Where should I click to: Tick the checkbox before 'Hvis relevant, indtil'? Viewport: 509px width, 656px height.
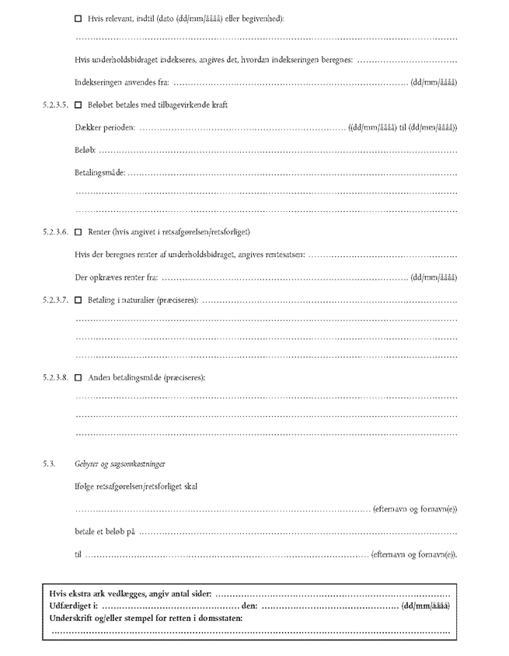tap(78, 18)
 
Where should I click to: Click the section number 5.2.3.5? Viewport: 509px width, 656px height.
tap(57, 105)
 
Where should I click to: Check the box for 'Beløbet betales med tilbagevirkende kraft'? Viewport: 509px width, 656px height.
tap(78, 105)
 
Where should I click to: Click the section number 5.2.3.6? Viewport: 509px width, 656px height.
tap(57, 232)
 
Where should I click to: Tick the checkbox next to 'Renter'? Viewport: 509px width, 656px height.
tap(78, 232)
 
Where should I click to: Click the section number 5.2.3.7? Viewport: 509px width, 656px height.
tap(57, 299)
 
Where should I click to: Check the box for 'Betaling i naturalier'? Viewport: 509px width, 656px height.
tap(78, 299)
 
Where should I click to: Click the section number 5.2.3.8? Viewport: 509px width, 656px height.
tap(57, 377)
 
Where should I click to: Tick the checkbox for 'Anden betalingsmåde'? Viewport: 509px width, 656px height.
tap(78, 377)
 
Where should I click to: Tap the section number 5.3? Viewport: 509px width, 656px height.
tap(50, 463)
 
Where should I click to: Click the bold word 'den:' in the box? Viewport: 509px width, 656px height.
tap(249, 605)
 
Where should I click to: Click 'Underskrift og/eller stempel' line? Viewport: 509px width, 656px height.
tap(145, 617)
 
